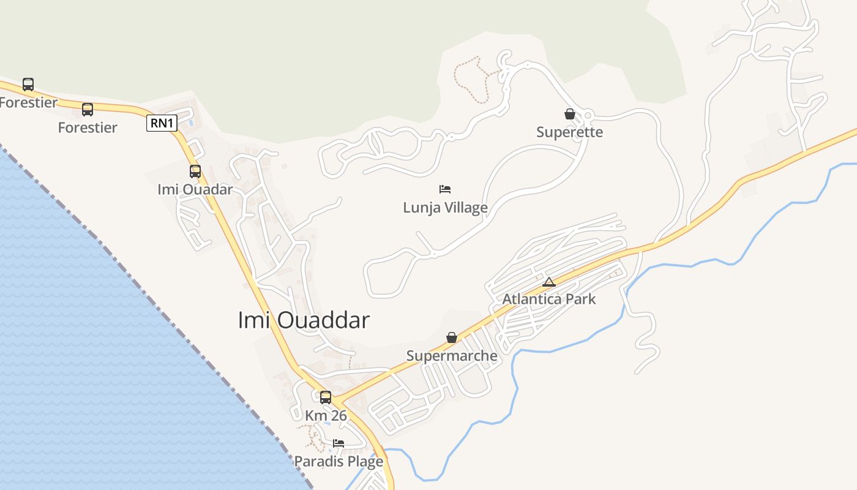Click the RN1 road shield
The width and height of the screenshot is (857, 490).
(x=162, y=123)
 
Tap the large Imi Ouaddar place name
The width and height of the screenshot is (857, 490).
(x=304, y=320)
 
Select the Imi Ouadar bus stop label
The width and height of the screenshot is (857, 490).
(x=195, y=189)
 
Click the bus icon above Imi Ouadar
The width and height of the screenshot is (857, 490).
(x=195, y=171)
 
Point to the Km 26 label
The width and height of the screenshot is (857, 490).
(x=326, y=415)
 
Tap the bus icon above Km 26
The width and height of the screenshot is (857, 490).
(x=326, y=397)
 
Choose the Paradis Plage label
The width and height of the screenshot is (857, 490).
(x=339, y=461)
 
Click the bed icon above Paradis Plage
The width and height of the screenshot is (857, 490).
(x=339, y=443)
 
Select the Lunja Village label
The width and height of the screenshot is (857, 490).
(x=445, y=208)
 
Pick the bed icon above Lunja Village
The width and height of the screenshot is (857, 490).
(x=445, y=189)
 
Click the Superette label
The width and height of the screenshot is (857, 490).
(x=569, y=132)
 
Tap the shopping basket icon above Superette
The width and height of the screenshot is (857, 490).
(x=569, y=114)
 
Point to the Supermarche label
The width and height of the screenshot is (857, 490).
(x=452, y=356)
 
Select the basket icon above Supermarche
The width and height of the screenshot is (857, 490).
(x=452, y=337)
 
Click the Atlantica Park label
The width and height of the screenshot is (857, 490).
(x=548, y=300)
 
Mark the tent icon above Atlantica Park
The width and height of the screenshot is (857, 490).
(x=548, y=282)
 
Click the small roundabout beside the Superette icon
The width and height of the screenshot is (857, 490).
(x=588, y=115)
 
